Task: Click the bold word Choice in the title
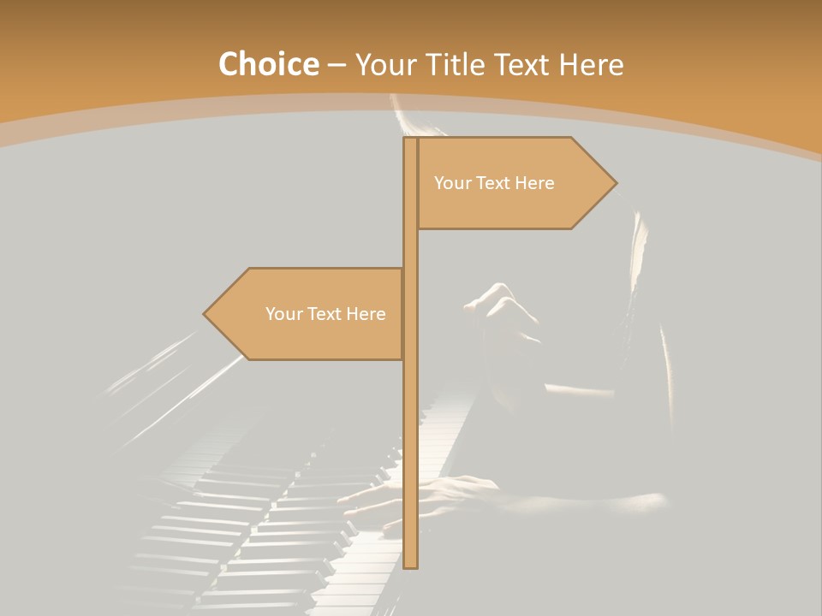click(269, 65)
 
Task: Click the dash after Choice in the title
click(337, 65)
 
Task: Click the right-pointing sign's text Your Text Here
click(494, 183)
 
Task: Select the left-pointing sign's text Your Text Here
click(325, 314)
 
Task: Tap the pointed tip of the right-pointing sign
click(614, 182)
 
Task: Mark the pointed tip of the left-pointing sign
click(205, 314)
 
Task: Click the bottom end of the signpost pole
click(411, 565)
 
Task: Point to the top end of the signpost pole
click(410, 139)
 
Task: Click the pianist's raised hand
click(501, 308)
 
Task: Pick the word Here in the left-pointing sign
click(366, 314)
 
